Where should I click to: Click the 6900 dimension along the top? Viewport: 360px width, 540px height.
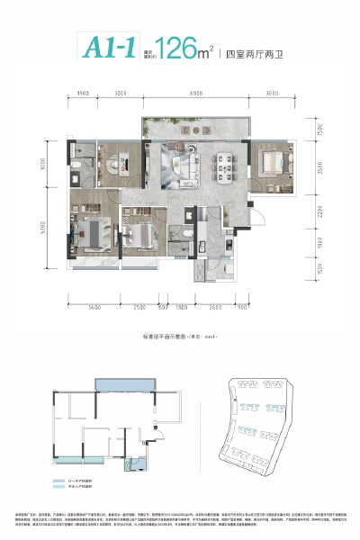(202, 94)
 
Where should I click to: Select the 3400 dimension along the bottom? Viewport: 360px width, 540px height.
(94, 309)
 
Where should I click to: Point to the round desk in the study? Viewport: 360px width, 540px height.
(115, 163)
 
